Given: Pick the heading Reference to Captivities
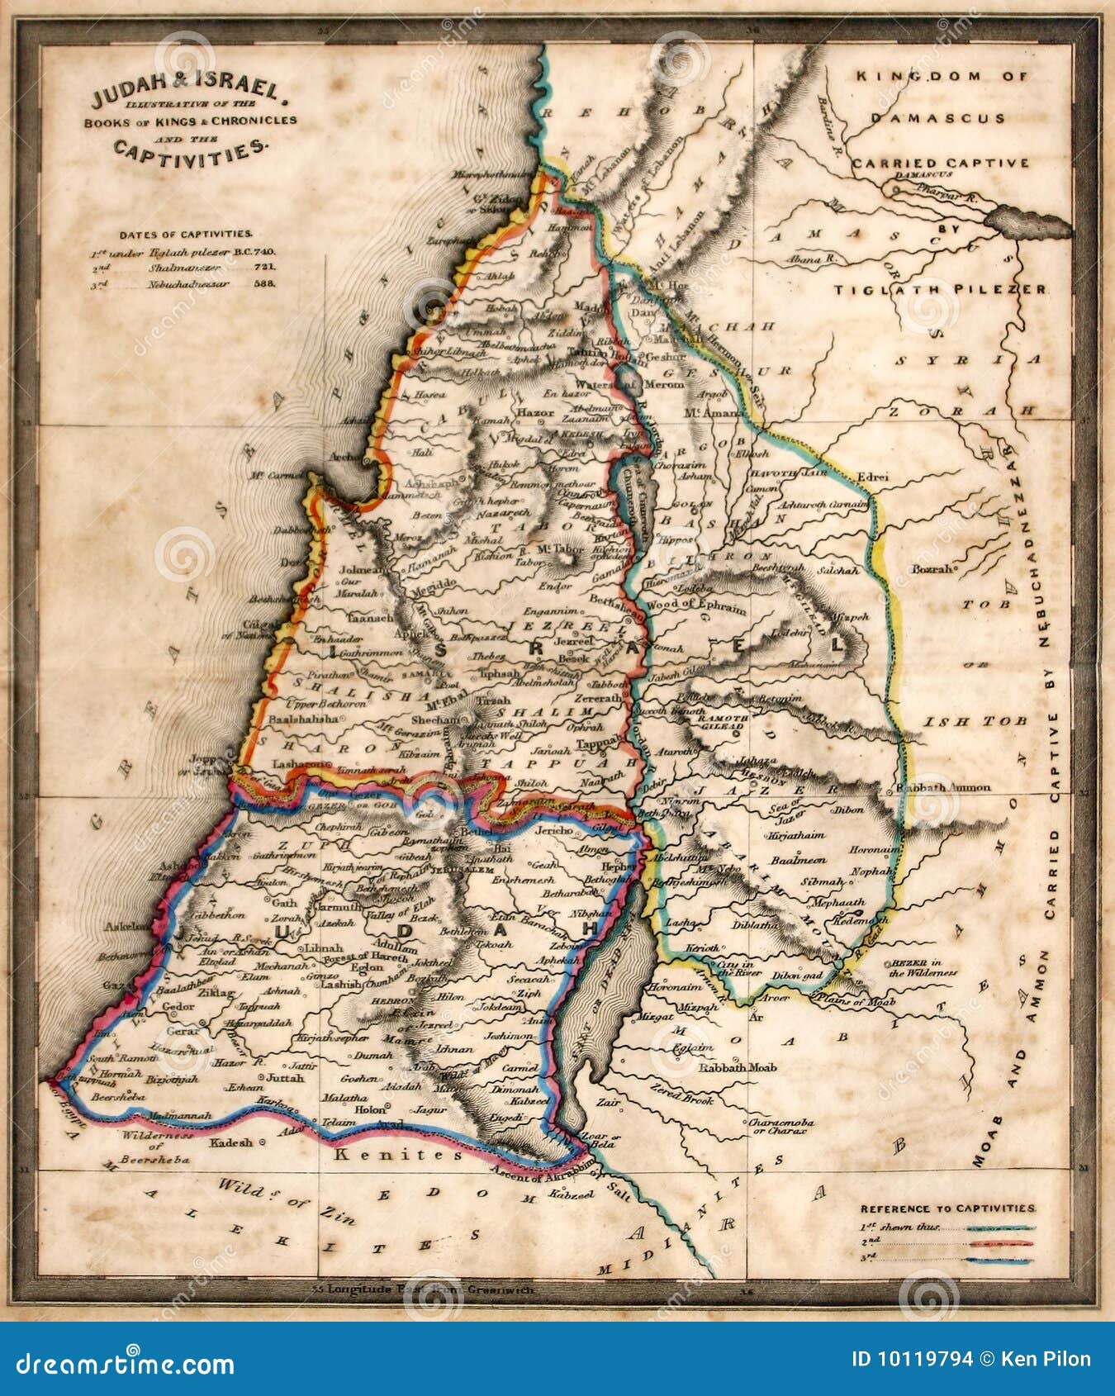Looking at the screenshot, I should pos(947,1208).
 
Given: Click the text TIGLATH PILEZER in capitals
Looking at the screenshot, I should pos(939,290).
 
